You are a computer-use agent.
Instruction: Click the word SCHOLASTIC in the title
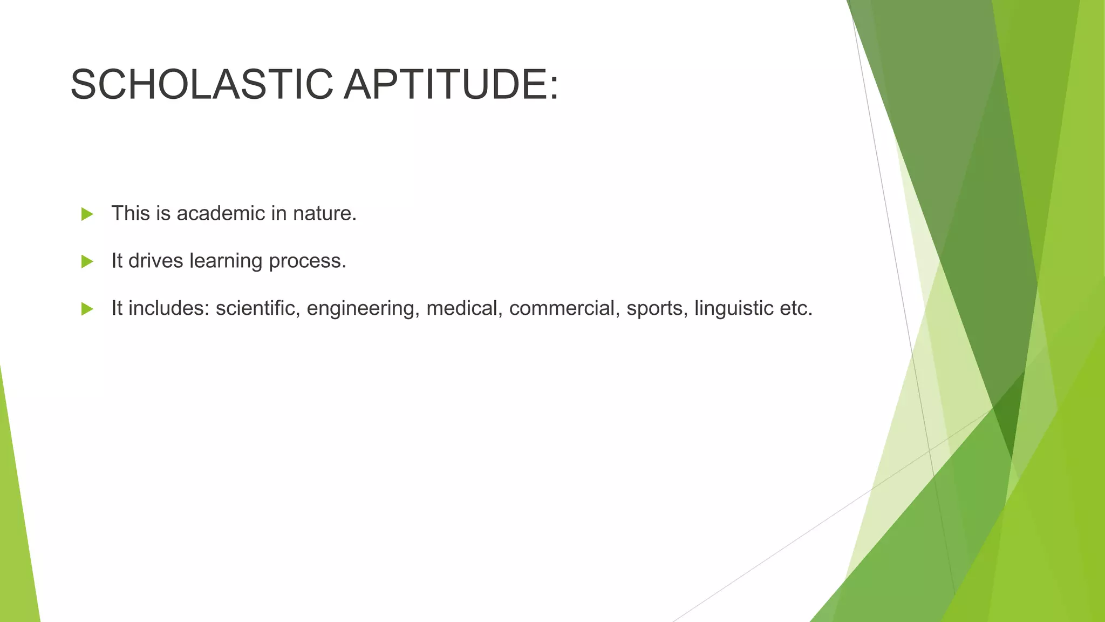click(201, 85)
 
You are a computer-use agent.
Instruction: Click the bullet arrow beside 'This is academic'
click(87, 214)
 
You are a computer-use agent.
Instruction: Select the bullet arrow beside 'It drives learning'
click(87, 262)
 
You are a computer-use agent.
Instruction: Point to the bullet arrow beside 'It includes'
click(87, 309)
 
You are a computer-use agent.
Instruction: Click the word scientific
click(257, 308)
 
